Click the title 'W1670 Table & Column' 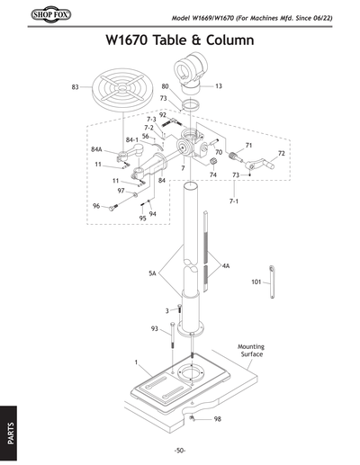tap(179, 40)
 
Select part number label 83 tap(75, 86)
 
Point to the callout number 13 tap(219, 86)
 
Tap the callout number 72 tap(281, 154)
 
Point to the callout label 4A tap(226, 266)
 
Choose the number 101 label tap(256, 282)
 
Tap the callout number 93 tap(155, 327)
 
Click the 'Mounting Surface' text tap(250, 350)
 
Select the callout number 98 tap(219, 419)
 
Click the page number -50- tap(180, 450)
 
